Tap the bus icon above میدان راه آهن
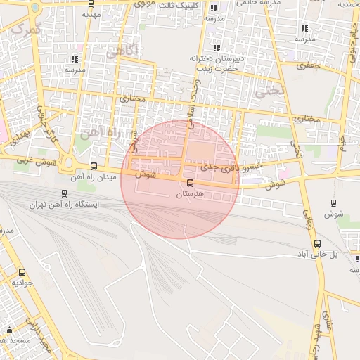pos(94,167)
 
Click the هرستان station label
pos(191,194)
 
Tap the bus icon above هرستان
pos(190,184)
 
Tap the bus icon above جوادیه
pos(22,272)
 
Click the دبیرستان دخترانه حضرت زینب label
pos(215,64)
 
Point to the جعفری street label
pos(307,65)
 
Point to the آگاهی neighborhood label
pos(120,51)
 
